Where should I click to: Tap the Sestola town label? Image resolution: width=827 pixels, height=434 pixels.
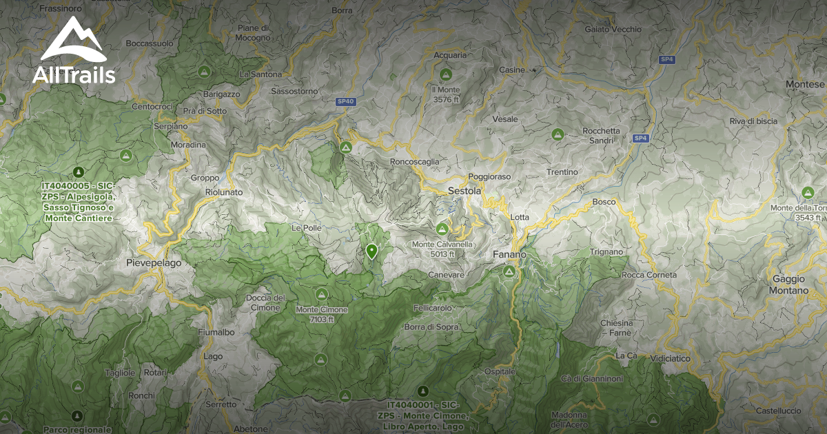coord(464,191)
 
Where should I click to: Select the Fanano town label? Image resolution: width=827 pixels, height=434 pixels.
coord(509,255)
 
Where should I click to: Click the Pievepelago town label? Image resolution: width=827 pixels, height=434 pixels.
coord(154,263)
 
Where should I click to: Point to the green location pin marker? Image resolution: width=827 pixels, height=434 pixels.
coord(371,251)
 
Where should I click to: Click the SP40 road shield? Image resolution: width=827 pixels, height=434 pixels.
coord(346,101)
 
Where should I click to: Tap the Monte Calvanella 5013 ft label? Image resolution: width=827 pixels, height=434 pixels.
coord(442,249)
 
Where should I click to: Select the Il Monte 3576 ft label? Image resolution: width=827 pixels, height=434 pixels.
coord(446,94)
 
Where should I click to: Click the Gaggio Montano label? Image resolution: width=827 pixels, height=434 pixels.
coord(789,285)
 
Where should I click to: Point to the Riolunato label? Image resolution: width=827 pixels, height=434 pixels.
coord(224,193)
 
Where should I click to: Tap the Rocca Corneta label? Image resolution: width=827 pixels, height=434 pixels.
coord(649,275)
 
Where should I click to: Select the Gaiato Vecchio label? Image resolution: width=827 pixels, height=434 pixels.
coord(613,29)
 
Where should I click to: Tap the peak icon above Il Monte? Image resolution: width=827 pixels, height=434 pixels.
coord(445,74)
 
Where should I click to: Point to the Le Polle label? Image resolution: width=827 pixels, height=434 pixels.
coord(307,227)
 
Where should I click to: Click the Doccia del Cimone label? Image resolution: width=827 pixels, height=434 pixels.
coord(265,302)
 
